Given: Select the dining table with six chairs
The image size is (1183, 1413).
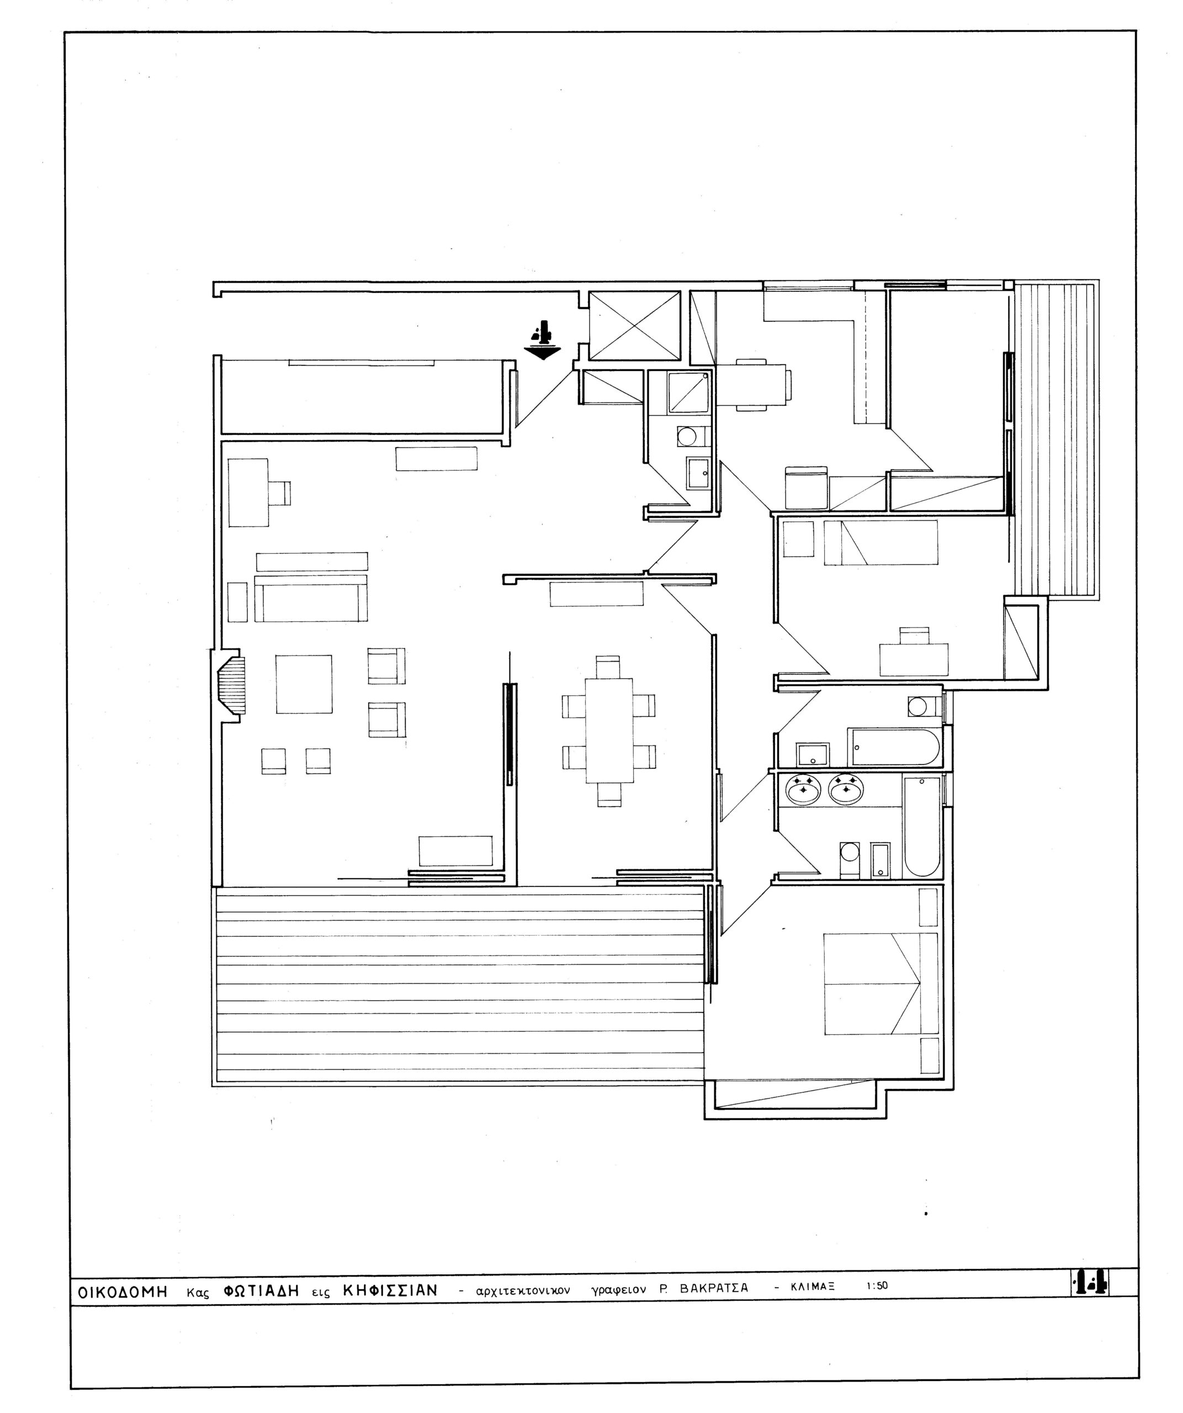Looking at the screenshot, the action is coord(609,731).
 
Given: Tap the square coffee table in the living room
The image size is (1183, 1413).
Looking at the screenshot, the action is coord(304,684).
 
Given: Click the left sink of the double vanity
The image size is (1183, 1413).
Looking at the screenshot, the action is coord(803,790).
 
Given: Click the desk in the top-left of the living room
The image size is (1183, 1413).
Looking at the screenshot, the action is coord(248,492).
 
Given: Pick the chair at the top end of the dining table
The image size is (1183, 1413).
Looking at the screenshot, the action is coord(608,667).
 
